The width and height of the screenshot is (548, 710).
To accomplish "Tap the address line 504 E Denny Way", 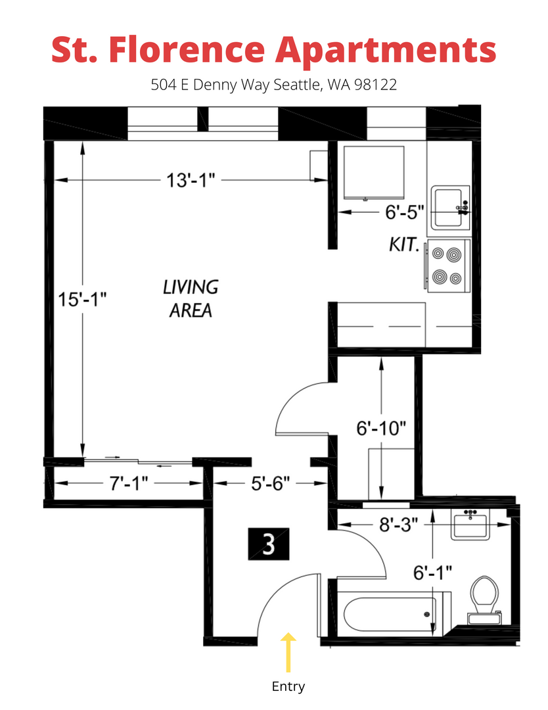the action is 274,85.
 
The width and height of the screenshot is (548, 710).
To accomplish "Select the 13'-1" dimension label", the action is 191,180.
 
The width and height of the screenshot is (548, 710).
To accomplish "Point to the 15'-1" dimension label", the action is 82,299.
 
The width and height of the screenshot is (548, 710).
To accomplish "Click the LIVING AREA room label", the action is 191,299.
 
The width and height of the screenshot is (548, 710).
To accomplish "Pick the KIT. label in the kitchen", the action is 403,245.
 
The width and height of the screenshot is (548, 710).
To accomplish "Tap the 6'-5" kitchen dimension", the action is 405,212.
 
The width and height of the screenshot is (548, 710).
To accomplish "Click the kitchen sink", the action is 450,208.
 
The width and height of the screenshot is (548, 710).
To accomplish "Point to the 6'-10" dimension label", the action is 382,428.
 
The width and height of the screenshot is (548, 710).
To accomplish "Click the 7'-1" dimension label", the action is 129,484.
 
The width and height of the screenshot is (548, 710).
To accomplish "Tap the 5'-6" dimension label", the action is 270,484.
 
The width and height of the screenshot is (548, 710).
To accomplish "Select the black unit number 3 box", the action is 269,544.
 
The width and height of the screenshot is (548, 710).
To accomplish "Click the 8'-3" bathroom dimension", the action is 398,525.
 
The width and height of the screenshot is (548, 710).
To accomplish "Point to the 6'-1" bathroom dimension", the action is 432,573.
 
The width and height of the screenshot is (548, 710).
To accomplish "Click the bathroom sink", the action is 470,525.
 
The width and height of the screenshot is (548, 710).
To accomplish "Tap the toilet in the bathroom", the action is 484,600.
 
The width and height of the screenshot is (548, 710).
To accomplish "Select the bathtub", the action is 393,614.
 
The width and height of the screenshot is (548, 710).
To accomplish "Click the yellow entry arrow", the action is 288,652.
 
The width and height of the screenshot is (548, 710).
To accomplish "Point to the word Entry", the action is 288,686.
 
